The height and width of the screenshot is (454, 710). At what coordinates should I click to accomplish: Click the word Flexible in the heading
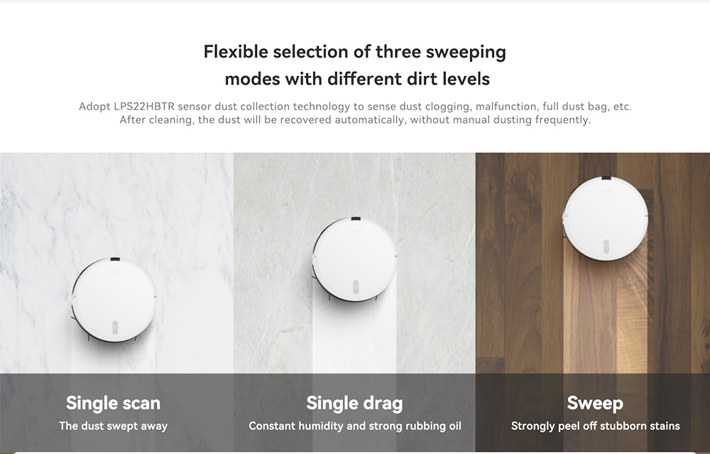click(236, 52)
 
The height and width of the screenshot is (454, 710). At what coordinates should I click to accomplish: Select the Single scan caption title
click(113, 404)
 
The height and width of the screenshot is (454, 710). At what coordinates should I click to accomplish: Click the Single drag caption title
click(354, 404)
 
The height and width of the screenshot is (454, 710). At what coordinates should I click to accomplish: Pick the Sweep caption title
click(595, 404)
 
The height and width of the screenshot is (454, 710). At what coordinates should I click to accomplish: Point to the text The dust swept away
click(113, 426)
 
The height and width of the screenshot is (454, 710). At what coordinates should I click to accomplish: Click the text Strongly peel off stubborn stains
click(596, 426)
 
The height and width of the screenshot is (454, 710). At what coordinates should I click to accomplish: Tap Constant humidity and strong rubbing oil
click(355, 426)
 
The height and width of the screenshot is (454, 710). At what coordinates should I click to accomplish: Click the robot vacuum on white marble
click(114, 300)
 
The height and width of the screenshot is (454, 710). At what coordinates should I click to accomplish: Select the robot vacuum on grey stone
click(354, 259)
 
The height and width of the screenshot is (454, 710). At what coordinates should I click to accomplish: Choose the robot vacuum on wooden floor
click(606, 219)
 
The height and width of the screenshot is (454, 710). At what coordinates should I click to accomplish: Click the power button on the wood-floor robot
click(606, 247)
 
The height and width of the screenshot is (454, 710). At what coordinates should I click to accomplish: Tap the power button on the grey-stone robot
click(356, 287)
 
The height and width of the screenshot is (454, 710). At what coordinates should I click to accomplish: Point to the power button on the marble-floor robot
click(115, 328)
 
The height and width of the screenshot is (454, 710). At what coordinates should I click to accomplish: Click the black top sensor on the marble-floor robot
click(115, 259)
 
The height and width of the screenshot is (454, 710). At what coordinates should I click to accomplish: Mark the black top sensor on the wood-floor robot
click(606, 178)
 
